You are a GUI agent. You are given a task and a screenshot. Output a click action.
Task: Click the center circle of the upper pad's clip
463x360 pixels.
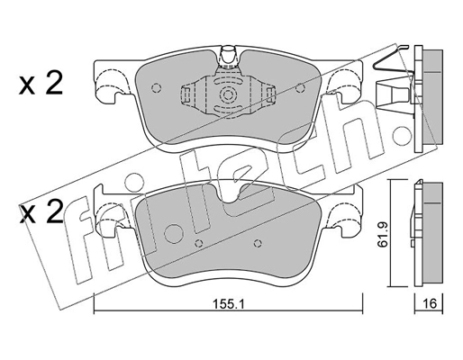pyautogui.click(x=227, y=94)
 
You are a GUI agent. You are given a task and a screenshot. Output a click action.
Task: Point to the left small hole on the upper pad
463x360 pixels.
pyautogui.click(x=156, y=88)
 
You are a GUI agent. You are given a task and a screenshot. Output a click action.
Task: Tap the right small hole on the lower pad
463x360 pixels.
pyautogui.click(x=258, y=241)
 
